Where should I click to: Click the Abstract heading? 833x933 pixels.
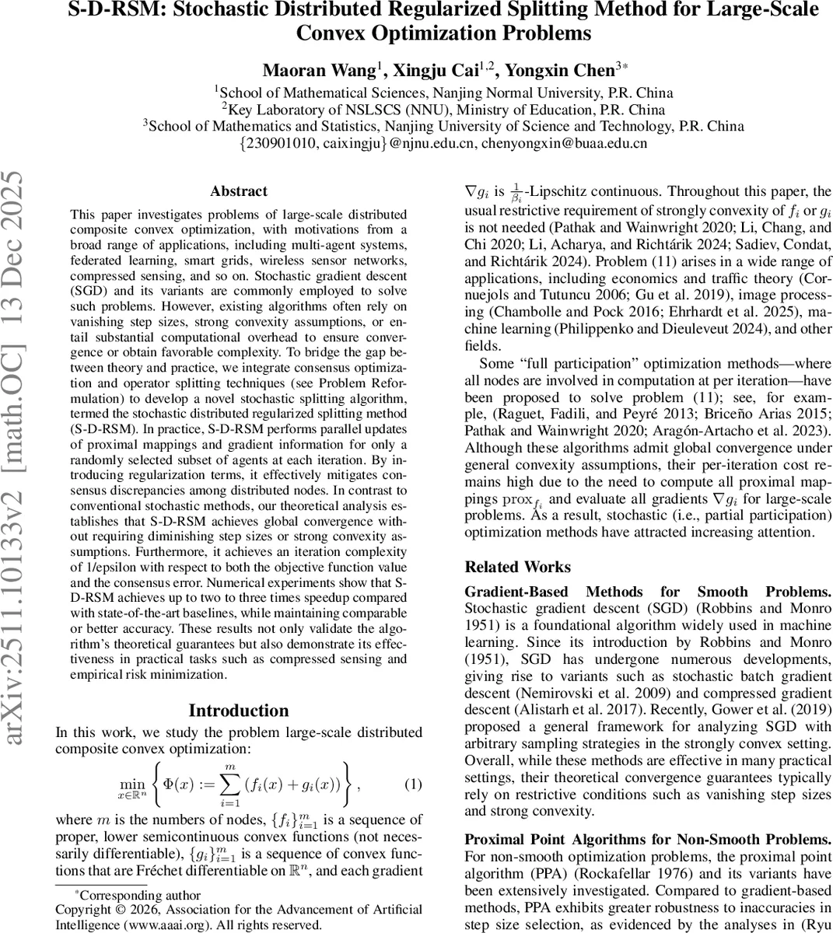click(238, 191)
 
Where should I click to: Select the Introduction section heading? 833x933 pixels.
click(238, 711)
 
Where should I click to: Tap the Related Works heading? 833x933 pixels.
click(517, 567)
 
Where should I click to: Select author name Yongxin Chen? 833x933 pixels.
click(559, 70)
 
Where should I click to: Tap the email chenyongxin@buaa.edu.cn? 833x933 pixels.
click(564, 144)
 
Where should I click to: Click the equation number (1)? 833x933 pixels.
click(413, 784)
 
